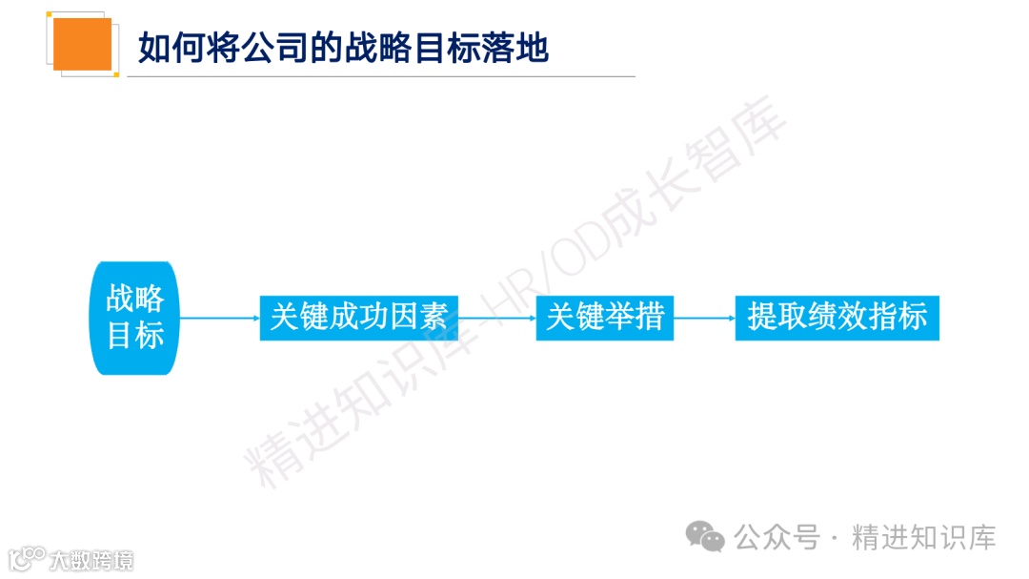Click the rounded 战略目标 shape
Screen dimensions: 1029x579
pyautogui.click(x=134, y=318)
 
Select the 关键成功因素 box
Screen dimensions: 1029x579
pyautogui.click(x=358, y=318)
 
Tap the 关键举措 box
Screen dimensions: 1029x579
pyautogui.click(x=604, y=318)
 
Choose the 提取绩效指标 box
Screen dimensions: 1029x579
pyautogui.click(x=837, y=318)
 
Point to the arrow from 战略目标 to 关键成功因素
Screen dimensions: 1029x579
pyautogui.click(x=219, y=318)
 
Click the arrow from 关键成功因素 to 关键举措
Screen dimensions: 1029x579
pyautogui.click(x=496, y=318)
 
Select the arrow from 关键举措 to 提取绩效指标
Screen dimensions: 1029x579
pyautogui.click(x=704, y=318)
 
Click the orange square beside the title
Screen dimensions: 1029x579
pyautogui.click(x=82, y=44)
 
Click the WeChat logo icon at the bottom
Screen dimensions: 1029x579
pyautogui.click(x=706, y=536)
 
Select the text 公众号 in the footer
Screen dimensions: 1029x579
pyautogui.click(x=777, y=537)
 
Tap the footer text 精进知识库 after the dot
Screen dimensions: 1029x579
pyautogui.click(x=923, y=537)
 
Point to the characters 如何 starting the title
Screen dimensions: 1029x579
pyautogui.click(x=172, y=47)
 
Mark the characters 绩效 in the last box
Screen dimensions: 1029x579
pyautogui.click(x=837, y=318)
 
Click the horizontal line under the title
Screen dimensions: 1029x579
pyautogui.click(x=381, y=76)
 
